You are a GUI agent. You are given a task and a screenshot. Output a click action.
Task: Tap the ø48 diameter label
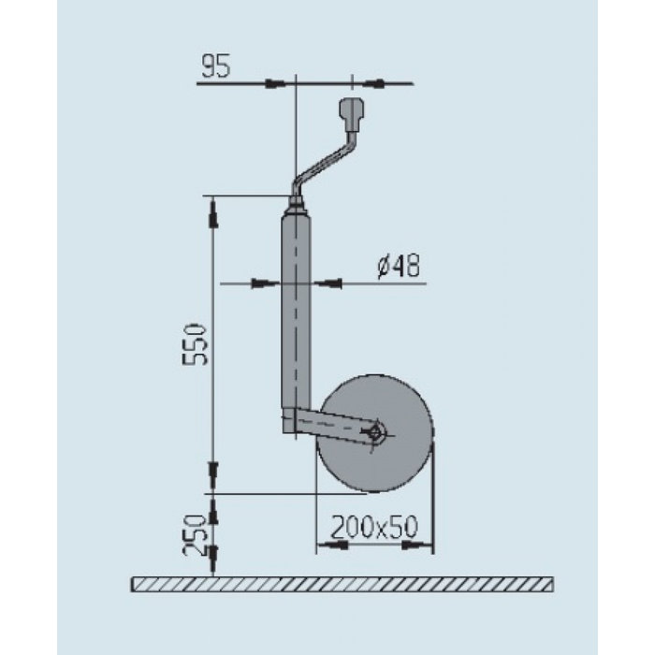coord(398,268)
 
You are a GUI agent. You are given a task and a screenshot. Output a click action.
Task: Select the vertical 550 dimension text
coord(193,345)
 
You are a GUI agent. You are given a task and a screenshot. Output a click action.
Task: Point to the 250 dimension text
coord(193,534)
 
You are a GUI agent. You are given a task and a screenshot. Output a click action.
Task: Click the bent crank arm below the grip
coord(323,165)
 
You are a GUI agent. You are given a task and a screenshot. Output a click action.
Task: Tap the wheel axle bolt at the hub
coord(376,431)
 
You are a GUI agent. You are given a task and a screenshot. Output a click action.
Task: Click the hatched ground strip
coord(341,586)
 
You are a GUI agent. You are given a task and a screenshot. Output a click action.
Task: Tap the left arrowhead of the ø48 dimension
coord(262,282)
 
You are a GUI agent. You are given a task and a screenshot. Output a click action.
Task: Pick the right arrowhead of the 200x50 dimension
coord(427,543)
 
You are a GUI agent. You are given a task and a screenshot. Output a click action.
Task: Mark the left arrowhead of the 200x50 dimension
coord(327,543)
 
